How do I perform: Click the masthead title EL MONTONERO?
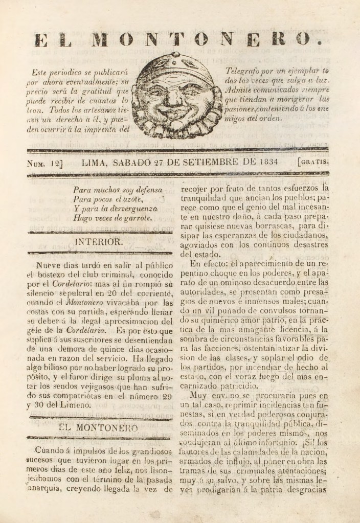point(179,39)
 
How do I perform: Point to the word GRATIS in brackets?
point(313,163)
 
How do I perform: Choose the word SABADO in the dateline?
point(135,163)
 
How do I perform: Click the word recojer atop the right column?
point(196,187)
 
